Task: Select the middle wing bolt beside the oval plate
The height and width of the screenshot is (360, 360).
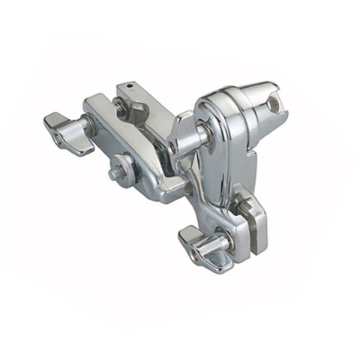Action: coord(184,135)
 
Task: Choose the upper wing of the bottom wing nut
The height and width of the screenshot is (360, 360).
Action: coord(192,234)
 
